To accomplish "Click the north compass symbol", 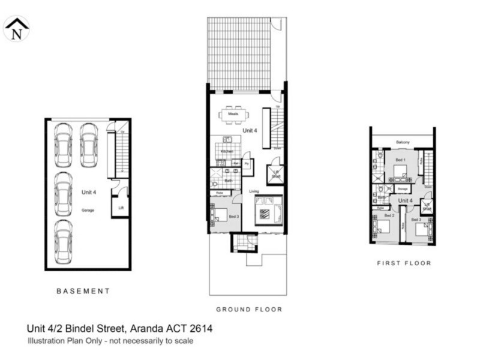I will click(16, 28).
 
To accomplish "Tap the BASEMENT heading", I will click(83, 291).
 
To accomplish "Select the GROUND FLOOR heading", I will click(249, 310).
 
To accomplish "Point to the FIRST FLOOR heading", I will click(404, 263).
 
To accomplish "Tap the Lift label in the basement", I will click(121, 208).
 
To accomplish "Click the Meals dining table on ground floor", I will click(233, 113).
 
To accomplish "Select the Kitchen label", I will click(227, 151).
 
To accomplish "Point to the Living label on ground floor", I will click(254, 191).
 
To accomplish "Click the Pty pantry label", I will click(247, 163).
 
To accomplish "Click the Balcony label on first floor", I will click(403, 142).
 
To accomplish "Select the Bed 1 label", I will click(400, 160).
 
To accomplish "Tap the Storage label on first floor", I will click(402, 188).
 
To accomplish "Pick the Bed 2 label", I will click(389, 215).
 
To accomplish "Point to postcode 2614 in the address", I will click(201, 328).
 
